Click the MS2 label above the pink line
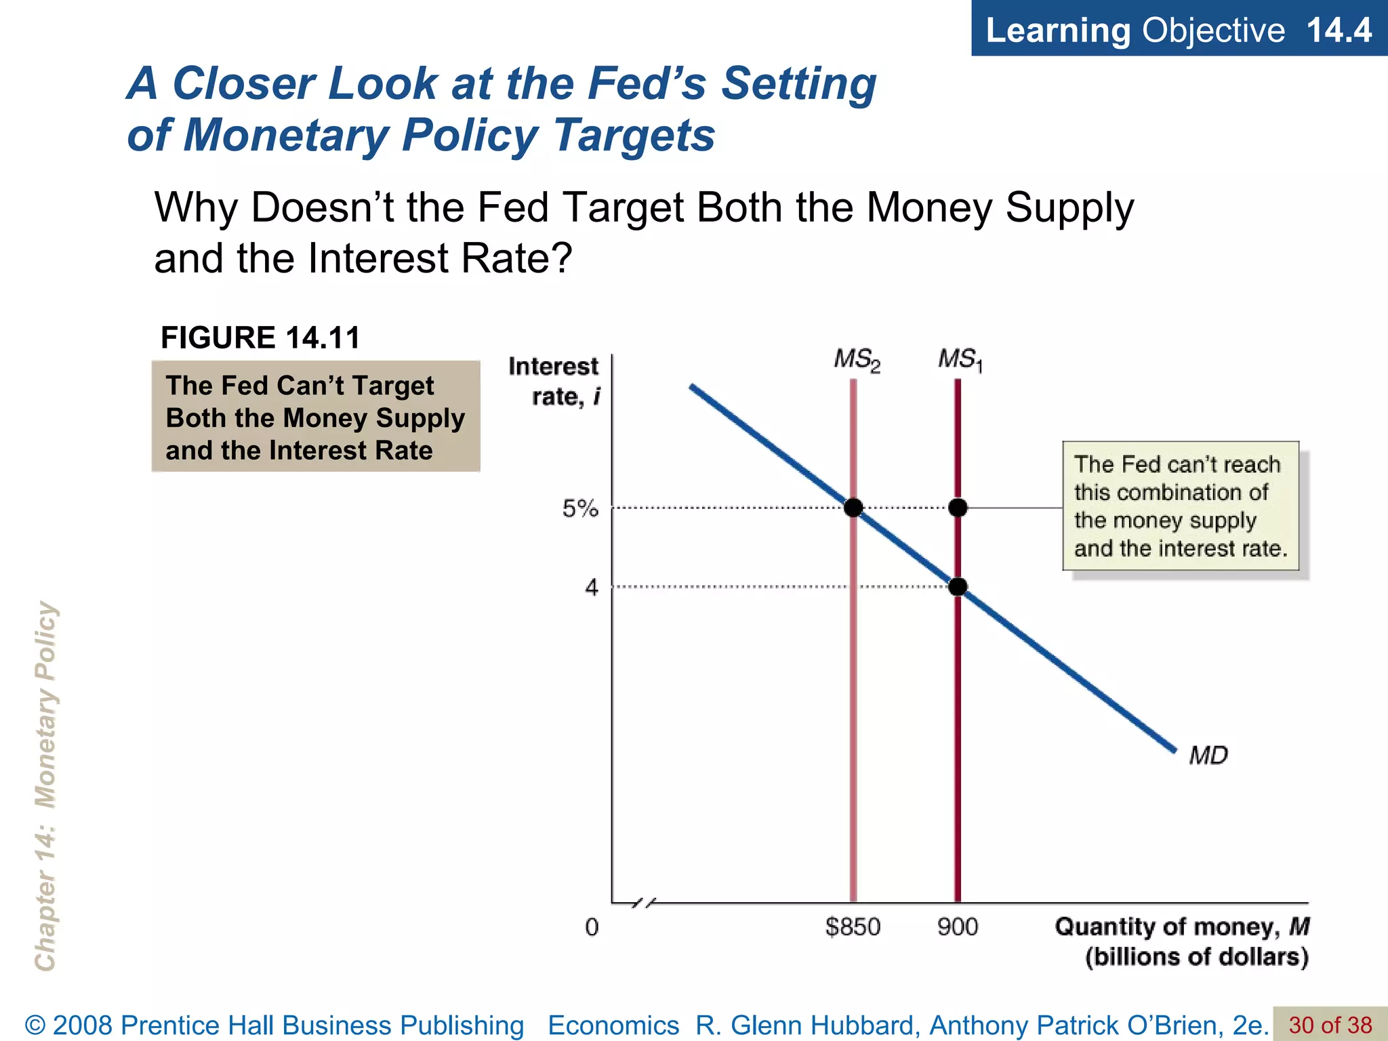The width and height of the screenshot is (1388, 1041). pos(857,360)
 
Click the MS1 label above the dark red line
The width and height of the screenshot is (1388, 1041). pos(960,359)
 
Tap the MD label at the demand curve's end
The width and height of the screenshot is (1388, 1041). pos(1208,755)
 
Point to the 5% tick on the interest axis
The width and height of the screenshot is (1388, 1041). pos(580,508)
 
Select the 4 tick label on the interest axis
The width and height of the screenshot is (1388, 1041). pos(592,587)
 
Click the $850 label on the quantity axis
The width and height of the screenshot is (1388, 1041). pos(853,926)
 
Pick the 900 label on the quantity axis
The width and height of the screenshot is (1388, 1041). pos(958,926)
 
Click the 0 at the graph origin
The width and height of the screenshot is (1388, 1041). pos(592,927)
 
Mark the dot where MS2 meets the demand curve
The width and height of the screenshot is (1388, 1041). pos(853,508)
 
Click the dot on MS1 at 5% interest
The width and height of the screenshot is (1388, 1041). pos(958,508)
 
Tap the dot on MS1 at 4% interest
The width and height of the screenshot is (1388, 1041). pos(958,587)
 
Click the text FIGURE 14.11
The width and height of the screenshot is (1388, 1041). pos(260,338)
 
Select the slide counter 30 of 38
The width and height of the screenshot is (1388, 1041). pos(1330,1025)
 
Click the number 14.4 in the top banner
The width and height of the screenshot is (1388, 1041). pos(1339,30)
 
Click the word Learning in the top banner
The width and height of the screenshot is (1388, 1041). pos(1058,30)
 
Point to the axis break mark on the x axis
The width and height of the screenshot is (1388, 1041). pos(644,903)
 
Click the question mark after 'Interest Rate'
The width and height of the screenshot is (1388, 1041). pos(562,259)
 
